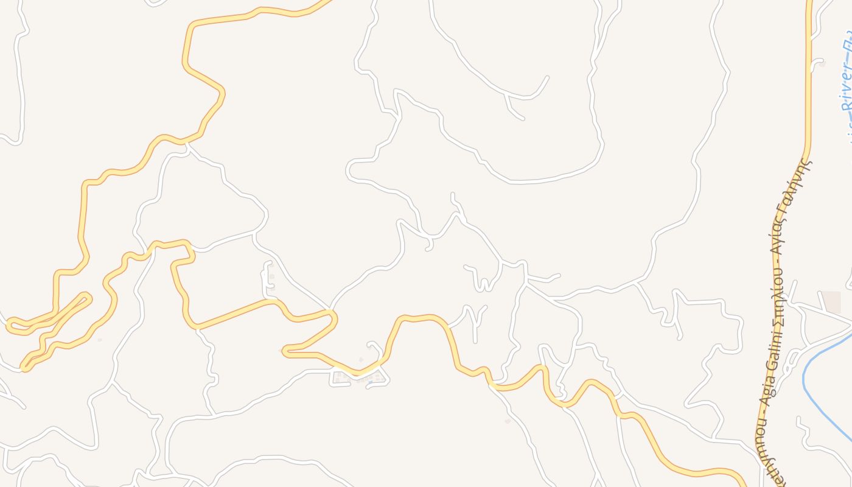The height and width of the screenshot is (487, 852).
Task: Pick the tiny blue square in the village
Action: pos(369,382)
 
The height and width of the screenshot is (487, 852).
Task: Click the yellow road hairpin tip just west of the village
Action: pos(285,350)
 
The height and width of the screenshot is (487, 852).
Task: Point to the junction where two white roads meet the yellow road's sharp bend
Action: pos(329,310)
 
